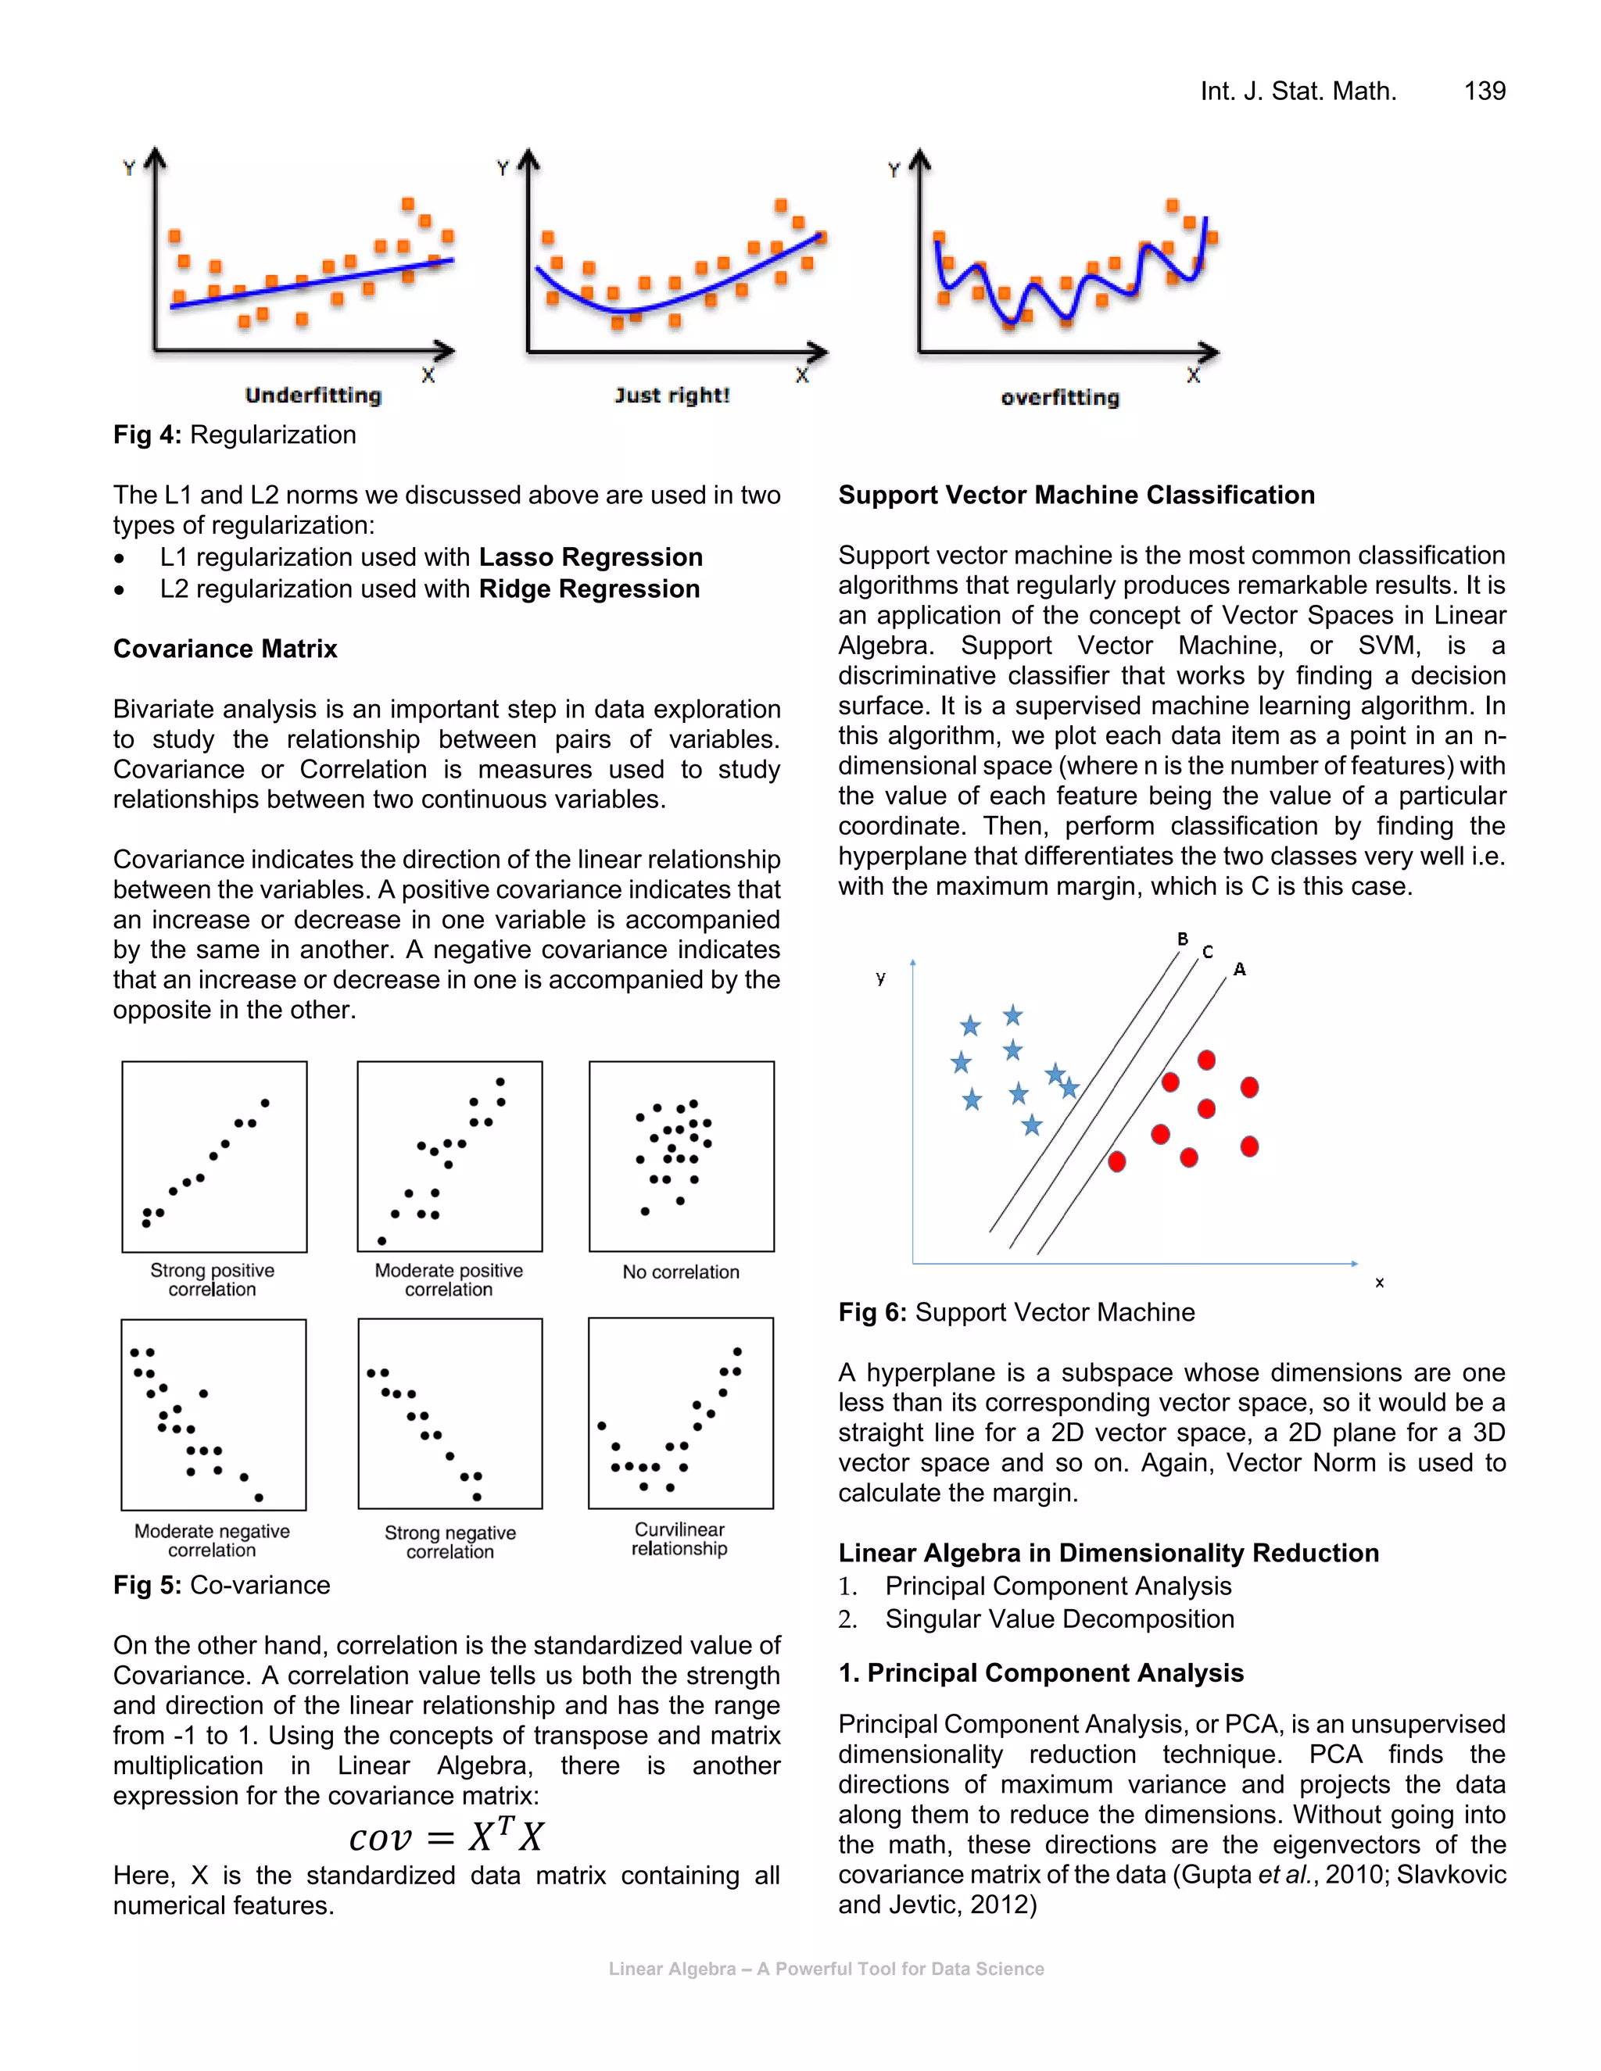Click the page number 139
tap(1484, 91)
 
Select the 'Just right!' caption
tap(672, 395)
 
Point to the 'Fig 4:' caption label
tap(147, 435)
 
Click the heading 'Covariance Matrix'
tap(225, 649)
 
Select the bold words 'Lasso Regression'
tap(590, 556)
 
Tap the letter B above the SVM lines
tap(1182, 939)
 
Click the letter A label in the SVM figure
tap(1239, 969)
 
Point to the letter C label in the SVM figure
tap(1206, 952)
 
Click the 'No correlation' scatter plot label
tap(680, 1272)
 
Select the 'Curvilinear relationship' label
tap(679, 1539)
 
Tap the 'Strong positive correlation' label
tap(213, 1279)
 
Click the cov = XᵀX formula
tap(446, 1837)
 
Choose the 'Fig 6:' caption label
tap(872, 1312)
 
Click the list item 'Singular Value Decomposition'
tap(1058, 1619)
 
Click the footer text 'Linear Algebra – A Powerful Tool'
tap(826, 1969)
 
